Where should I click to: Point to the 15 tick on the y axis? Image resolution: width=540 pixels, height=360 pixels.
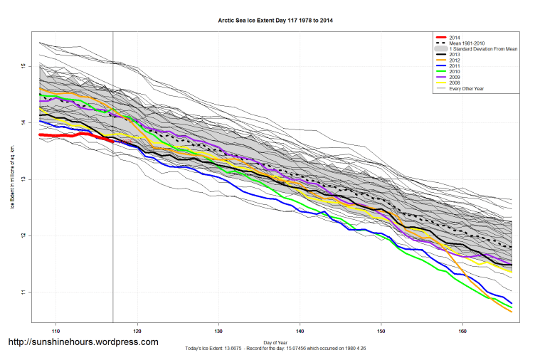click(x=23, y=66)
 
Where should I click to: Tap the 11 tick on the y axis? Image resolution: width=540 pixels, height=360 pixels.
click(x=23, y=292)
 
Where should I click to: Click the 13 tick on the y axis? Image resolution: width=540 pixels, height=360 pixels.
click(x=23, y=179)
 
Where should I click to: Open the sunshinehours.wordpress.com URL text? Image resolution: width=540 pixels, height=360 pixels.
click(x=83, y=342)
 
